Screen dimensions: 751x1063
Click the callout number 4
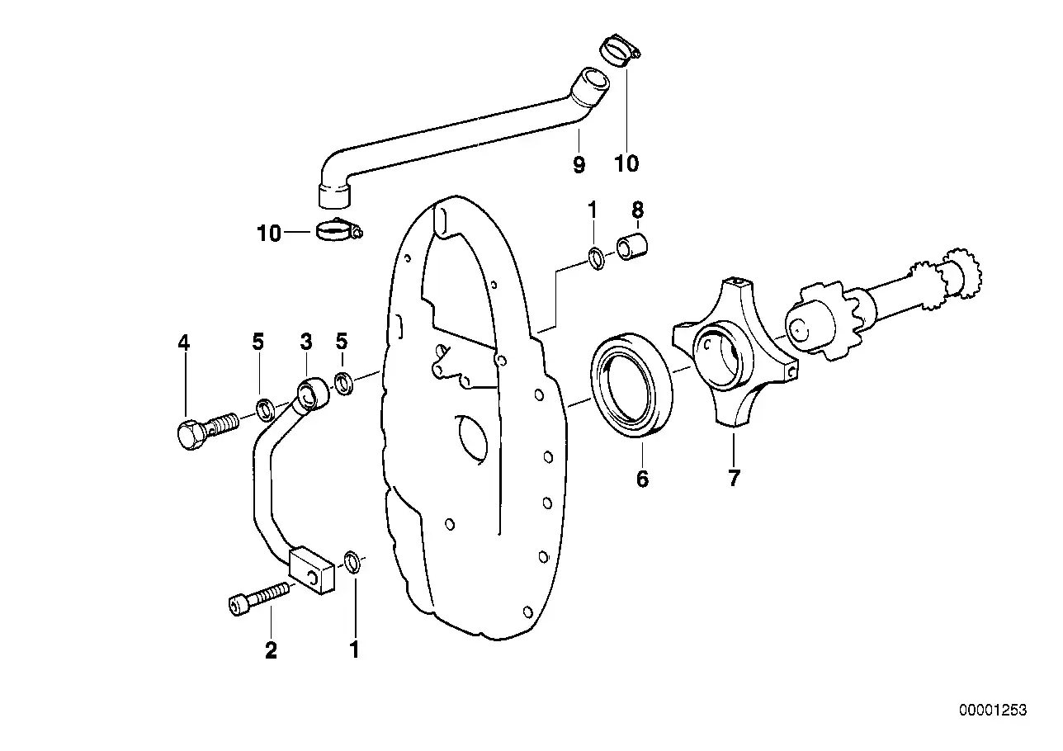183,342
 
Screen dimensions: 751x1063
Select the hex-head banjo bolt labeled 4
201,429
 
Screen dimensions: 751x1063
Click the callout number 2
271,650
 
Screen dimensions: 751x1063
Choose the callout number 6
642,479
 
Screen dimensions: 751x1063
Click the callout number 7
734,478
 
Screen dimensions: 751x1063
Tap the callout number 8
636,211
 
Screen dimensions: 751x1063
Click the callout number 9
579,164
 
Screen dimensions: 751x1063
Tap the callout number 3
305,342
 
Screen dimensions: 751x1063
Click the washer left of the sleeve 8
596,258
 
